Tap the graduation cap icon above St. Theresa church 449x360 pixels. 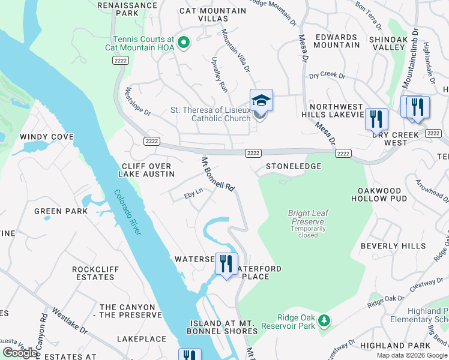point(261,100)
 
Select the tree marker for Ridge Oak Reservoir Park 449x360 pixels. point(324,320)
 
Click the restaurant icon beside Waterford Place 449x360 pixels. point(226,264)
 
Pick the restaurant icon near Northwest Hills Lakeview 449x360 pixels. point(376,118)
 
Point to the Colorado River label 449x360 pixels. point(127,212)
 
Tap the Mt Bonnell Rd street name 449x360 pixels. point(217,174)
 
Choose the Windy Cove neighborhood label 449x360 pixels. point(47,137)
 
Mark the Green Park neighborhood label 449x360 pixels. point(56,211)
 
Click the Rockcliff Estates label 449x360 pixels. point(93,273)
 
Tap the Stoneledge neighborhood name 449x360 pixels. point(293,166)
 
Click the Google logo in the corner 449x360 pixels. point(20,352)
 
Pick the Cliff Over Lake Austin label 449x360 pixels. point(148,170)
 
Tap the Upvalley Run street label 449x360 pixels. point(220,78)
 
